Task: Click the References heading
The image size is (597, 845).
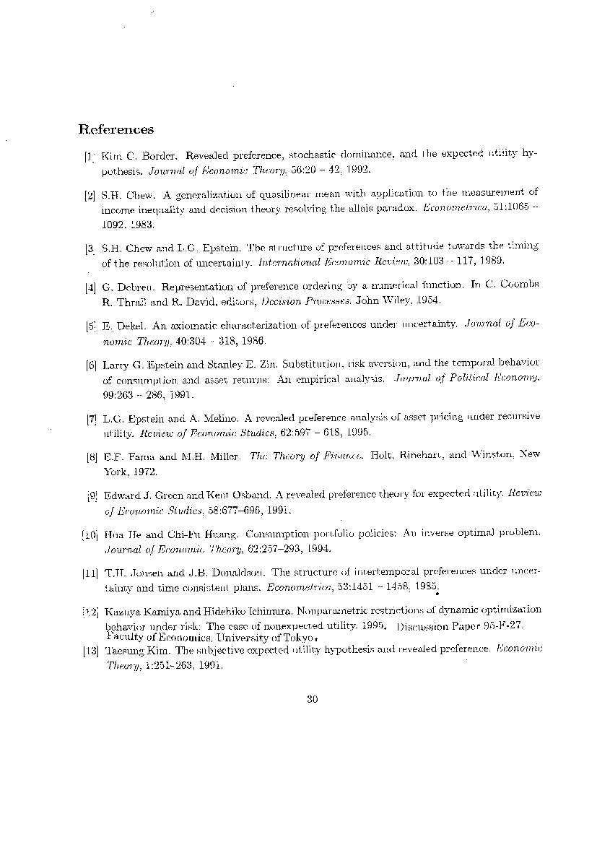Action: (116, 130)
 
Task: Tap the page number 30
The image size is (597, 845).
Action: (313, 698)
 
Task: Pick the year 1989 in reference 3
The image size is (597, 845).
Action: (490, 261)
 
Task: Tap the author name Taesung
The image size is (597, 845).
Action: (126, 650)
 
